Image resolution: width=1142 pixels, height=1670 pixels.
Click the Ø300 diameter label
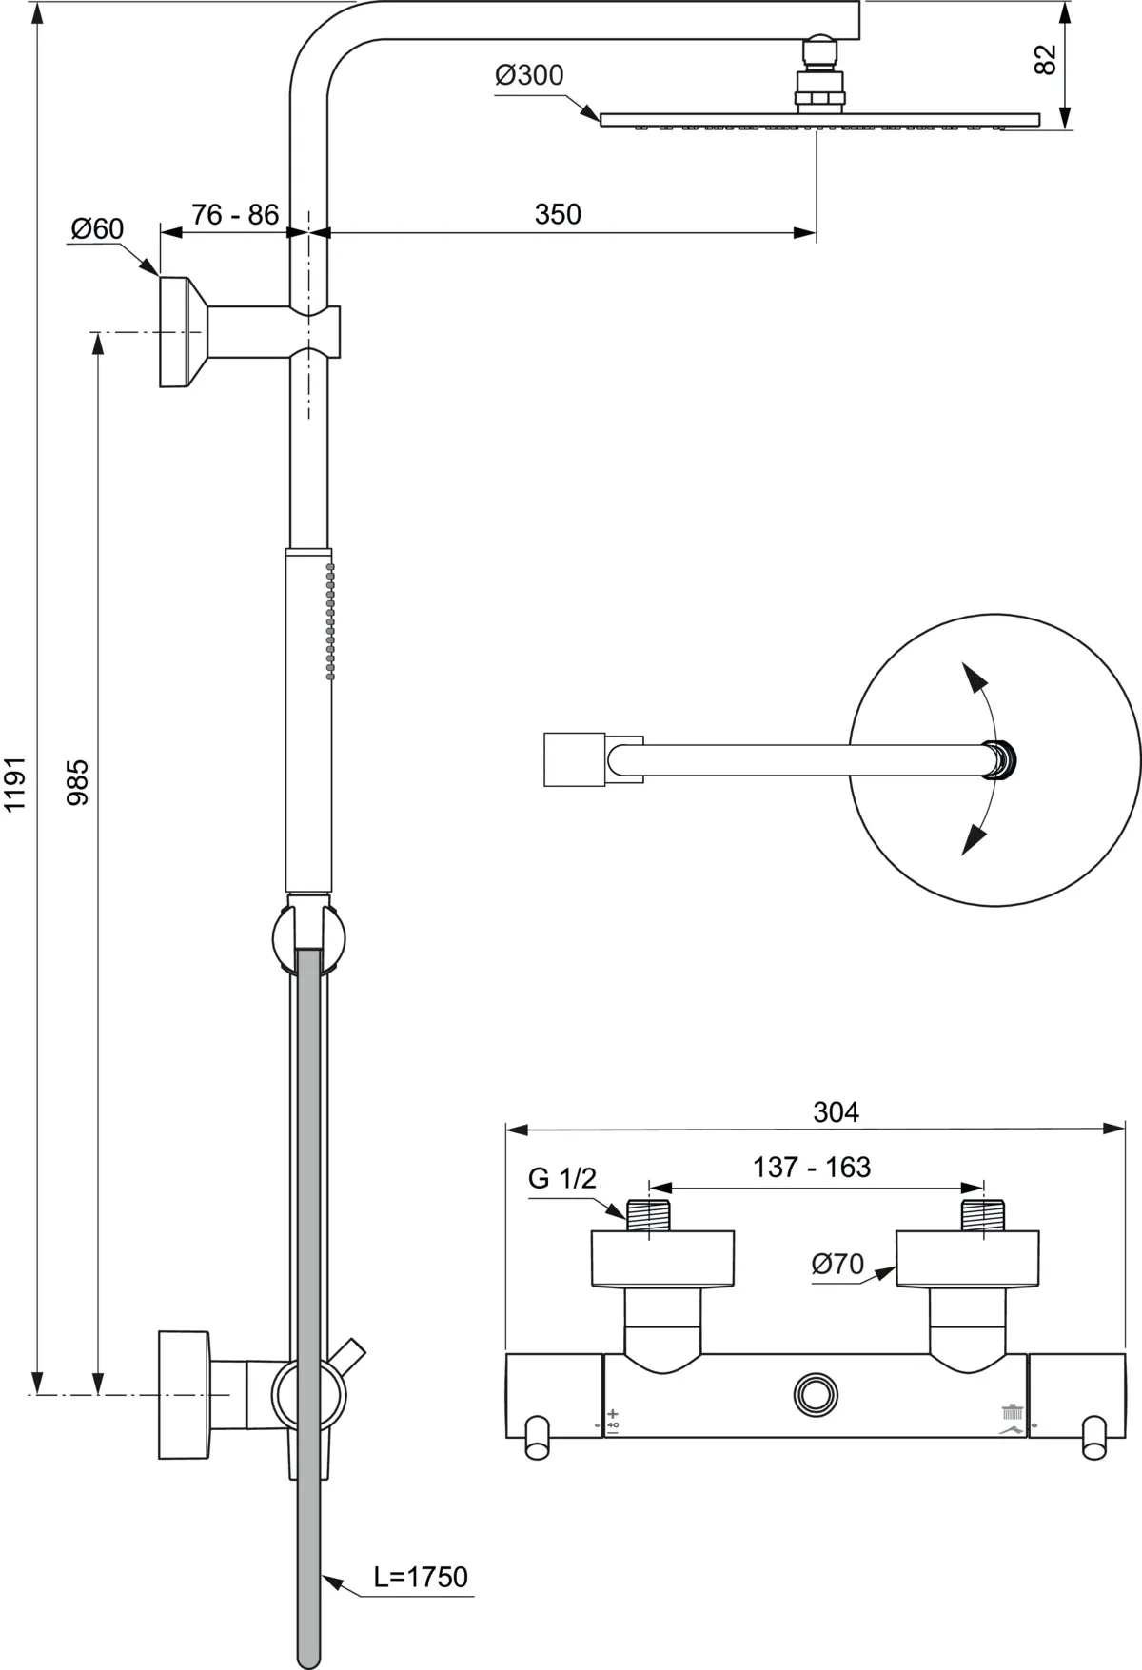pyautogui.click(x=529, y=75)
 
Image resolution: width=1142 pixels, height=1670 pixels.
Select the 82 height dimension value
pyautogui.click(x=1045, y=60)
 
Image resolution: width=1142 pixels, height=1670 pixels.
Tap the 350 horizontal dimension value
pyautogui.click(x=558, y=214)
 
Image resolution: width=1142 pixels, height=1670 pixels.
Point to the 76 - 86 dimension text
pyautogui.click(x=234, y=214)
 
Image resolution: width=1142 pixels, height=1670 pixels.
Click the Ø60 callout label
pyautogui.click(x=97, y=228)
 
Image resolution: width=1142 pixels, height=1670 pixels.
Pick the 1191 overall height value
pyautogui.click(x=16, y=785)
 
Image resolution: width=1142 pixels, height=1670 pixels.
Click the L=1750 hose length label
pyautogui.click(x=421, y=1577)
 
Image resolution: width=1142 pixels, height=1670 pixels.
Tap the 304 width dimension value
pyautogui.click(x=836, y=1111)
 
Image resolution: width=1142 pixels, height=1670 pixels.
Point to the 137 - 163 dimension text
pyautogui.click(x=812, y=1167)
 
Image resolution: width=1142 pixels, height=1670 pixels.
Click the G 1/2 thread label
pyautogui.click(x=561, y=1178)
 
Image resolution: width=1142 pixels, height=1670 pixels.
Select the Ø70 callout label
pyautogui.click(x=837, y=1264)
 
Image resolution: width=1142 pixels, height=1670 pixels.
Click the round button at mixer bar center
pyautogui.click(x=816, y=1395)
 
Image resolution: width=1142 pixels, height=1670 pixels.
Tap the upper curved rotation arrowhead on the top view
pyautogui.click(x=971, y=678)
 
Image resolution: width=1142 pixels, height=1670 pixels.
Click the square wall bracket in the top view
pyautogui.click(x=574, y=759)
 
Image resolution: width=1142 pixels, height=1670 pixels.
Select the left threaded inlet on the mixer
pyautogui.click(x=648, y=1215)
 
